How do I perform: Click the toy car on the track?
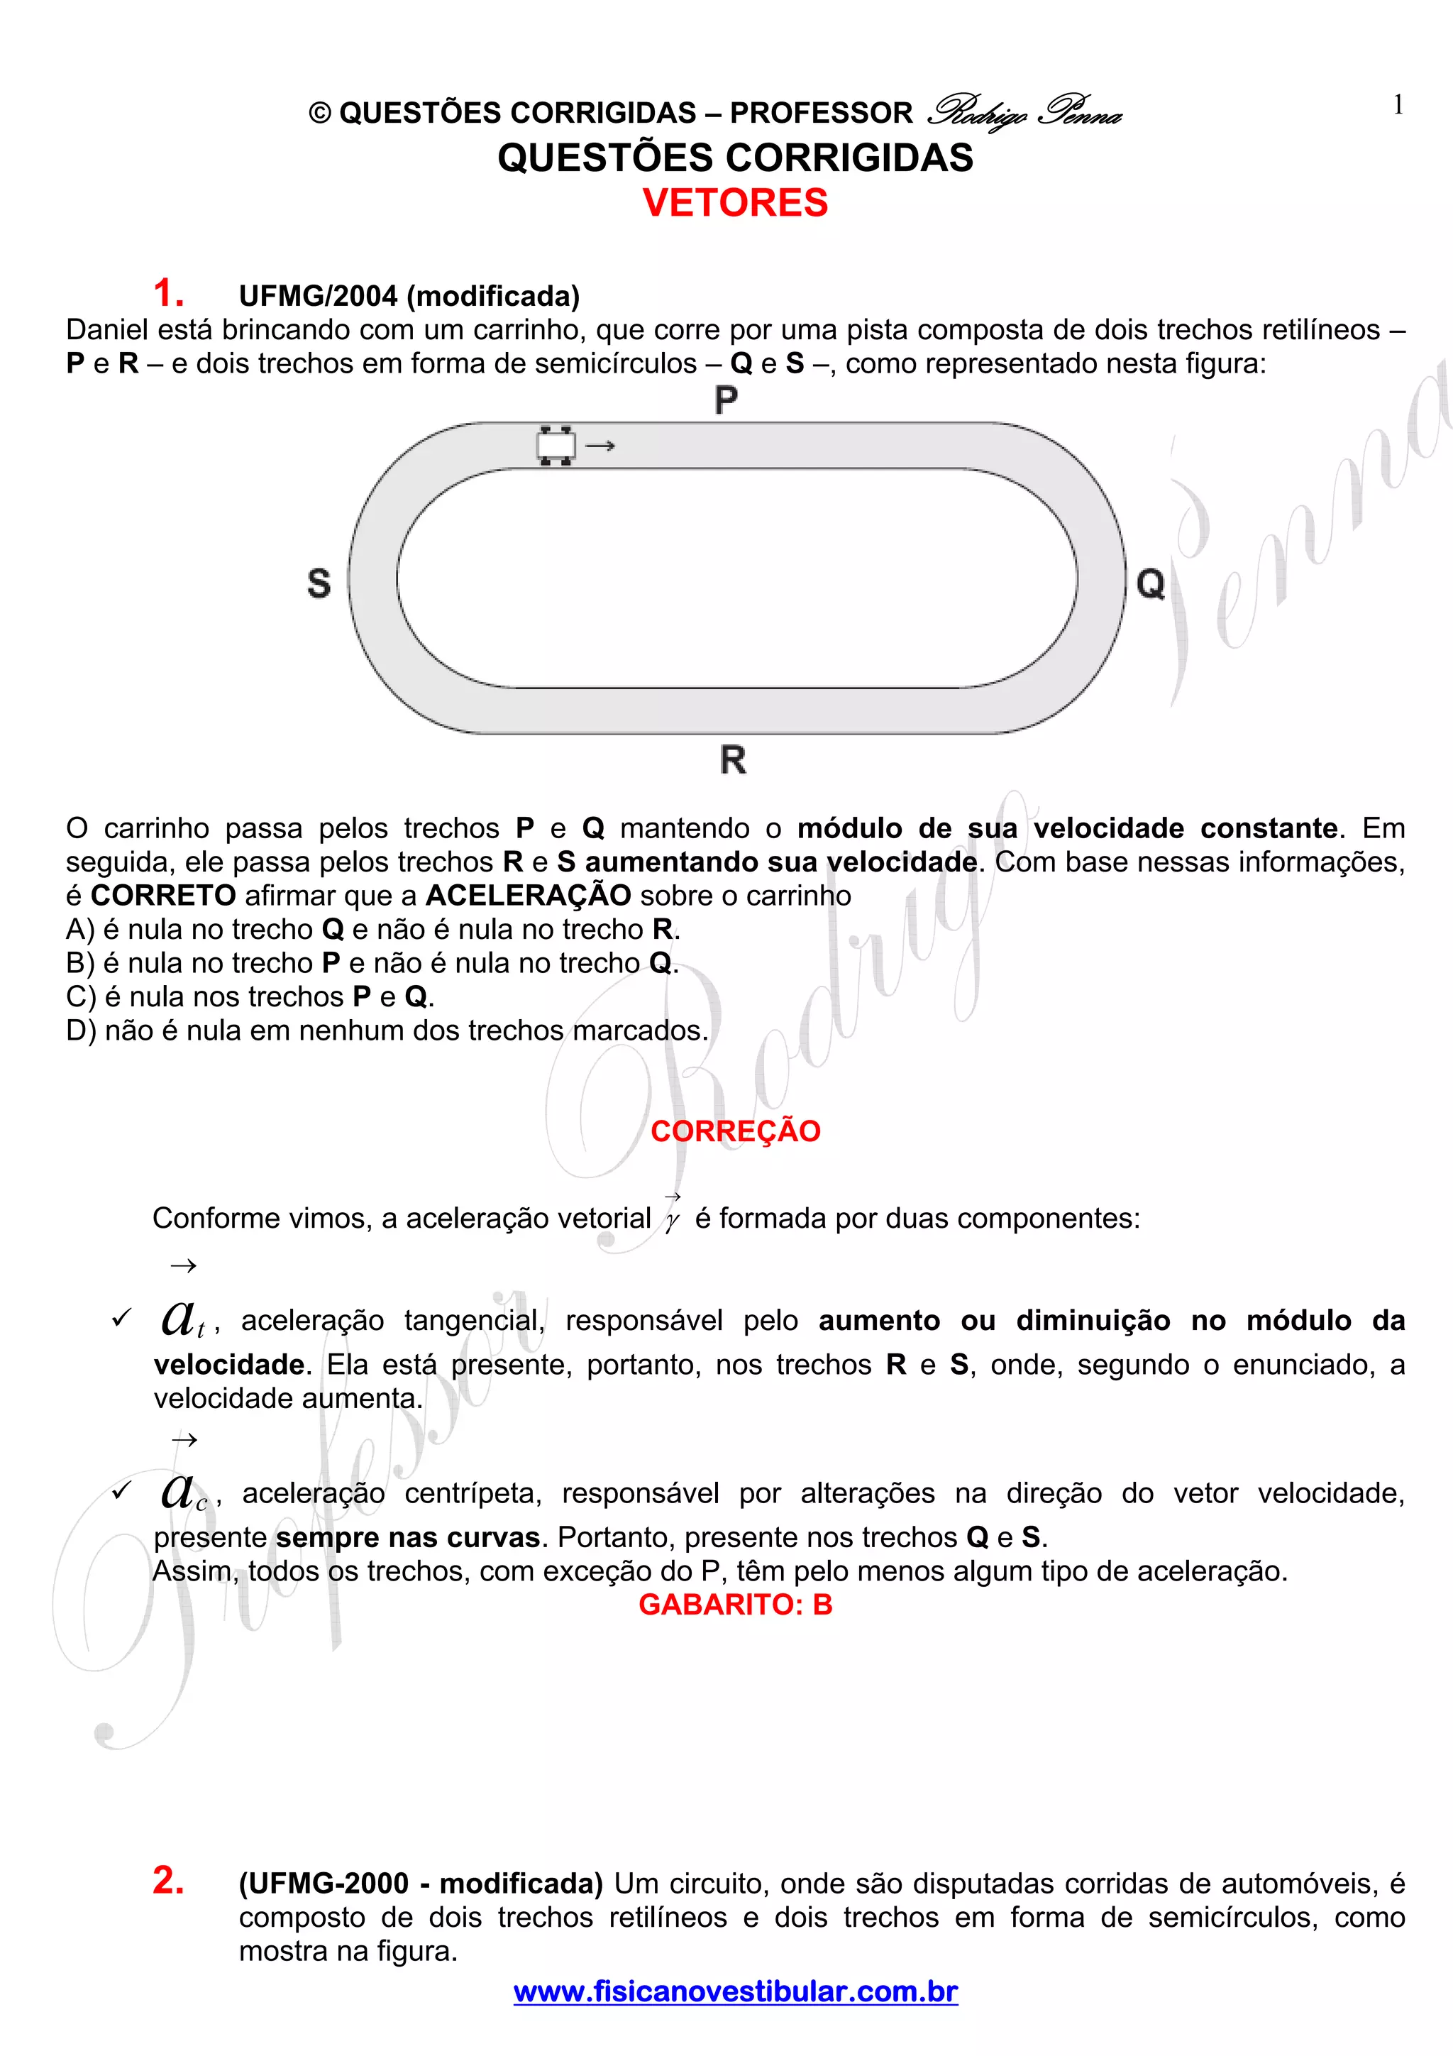555,445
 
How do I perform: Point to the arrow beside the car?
600,445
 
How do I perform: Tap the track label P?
726,400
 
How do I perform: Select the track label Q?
1150,584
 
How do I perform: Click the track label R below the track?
732,760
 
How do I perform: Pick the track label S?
319,584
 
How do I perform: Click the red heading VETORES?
735,202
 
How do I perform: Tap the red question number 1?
167,293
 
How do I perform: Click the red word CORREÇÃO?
735,1131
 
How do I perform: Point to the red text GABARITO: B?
735,1605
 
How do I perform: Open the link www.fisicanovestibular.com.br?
735,1991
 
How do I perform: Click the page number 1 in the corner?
1398,106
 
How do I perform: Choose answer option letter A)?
79,930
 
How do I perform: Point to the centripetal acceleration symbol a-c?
184,1491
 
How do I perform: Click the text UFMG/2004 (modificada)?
409,295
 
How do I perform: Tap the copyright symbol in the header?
319,114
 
